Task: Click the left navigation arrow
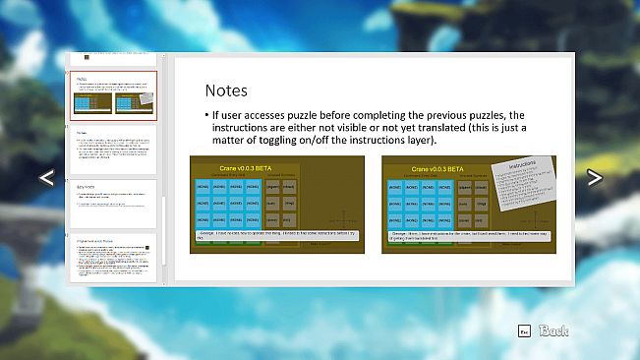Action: (45, 177)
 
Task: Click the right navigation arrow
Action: (594, 177)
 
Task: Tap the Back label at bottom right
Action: (554, 331)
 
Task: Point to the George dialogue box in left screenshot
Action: (275, 236)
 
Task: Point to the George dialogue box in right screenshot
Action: (467, 236)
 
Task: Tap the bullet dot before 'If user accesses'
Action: (207, 115)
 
